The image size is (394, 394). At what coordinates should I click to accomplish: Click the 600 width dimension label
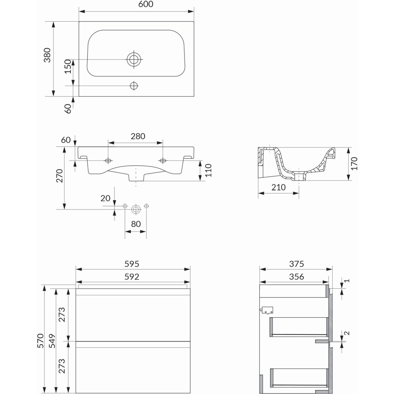[x=145, y=4]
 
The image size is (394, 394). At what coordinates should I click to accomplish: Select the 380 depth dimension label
[x=47, y=55]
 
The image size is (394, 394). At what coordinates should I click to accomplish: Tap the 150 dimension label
[x=68, y=66]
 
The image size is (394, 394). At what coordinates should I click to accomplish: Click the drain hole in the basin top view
[x=134, y=59]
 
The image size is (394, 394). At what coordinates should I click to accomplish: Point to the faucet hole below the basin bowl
[x=134, y=86]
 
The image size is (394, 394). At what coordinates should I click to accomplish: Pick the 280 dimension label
[x=138, y=136]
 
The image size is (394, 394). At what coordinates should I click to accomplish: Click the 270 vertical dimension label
[x=59, y=176]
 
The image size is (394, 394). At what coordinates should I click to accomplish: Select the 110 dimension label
[x=208, y=170]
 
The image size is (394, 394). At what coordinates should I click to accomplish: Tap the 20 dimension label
[x=105, y=198]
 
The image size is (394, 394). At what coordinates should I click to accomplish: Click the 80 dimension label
[x=136, y=224]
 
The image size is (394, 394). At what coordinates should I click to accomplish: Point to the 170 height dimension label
[x=354, y=164]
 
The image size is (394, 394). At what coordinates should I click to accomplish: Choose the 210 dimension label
[x=278, y=187]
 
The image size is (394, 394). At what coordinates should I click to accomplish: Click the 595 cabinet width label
[x=132, y=264]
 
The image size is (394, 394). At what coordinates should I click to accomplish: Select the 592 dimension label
[x=132, y=277]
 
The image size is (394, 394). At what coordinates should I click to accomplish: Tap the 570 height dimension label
[x=40, y=340]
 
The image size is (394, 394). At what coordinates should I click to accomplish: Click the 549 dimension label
[x=52, y=341]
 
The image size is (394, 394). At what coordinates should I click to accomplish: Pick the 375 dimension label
[x=296, y=264]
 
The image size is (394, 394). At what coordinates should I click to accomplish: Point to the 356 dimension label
[x=296, y=277]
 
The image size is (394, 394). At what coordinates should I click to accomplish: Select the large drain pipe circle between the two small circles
[x=136, y=209]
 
